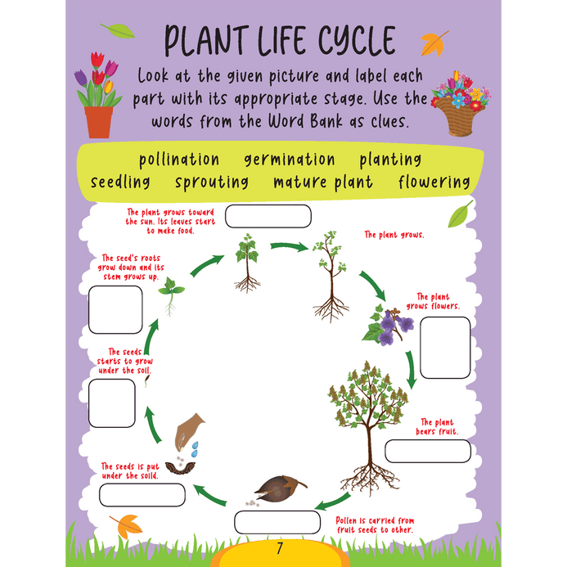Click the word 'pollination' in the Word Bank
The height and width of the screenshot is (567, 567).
(179, 160)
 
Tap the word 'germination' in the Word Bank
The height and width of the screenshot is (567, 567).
(290, 160)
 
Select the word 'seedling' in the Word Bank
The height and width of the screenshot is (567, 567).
(120, 182)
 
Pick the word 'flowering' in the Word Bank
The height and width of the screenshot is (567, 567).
(434, 182)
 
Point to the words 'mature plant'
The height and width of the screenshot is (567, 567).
(323, 182)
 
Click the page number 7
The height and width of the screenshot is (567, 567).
(279, 548)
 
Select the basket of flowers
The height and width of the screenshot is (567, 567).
(461, 102)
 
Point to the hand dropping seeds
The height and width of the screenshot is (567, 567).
(190, 427)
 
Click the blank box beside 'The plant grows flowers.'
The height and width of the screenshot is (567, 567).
(445, 347)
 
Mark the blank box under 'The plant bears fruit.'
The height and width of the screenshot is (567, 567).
(428, 451)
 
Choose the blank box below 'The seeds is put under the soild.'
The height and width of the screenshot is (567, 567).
(142, 495)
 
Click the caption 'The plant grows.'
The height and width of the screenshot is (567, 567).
(394, 235)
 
